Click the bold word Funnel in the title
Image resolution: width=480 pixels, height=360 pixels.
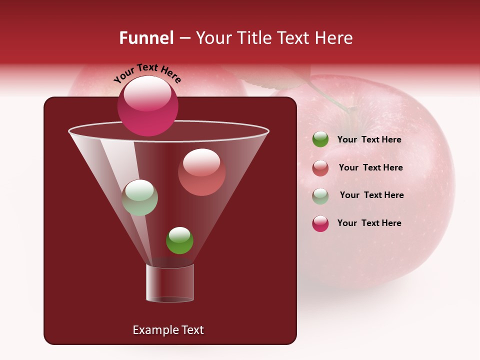(146, 38)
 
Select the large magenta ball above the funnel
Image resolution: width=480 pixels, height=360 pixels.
(148, 105)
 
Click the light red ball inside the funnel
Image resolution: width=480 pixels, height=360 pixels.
(201, 172)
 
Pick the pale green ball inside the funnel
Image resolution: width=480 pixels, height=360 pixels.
(140, 197)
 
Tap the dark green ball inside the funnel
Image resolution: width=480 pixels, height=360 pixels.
(179, 240)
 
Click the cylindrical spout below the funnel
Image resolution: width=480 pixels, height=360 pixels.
(170, 283)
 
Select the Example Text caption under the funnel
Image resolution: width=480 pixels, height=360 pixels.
(168, 330)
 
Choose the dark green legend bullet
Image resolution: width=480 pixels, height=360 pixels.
(320, 139)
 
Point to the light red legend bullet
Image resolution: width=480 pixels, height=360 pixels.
(320, 168)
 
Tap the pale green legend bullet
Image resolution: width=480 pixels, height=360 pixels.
(320, 196)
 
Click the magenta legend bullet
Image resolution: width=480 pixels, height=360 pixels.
(320, 223)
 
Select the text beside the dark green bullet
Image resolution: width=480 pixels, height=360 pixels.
(369, 139)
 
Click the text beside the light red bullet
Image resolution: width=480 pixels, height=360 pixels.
(370, 167)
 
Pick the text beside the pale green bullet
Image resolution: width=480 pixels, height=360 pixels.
(371, 195)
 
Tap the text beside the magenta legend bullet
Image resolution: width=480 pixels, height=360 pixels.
(369, 223)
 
